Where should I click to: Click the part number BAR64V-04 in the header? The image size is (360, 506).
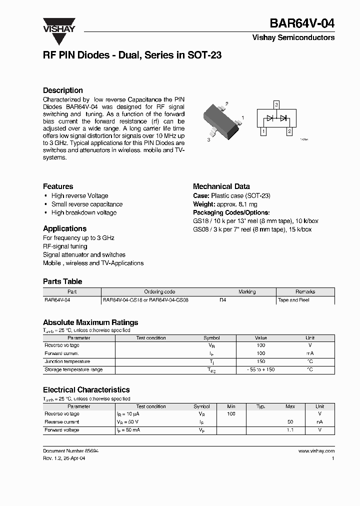pos(302,23)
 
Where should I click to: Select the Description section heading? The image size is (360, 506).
pos(63,90)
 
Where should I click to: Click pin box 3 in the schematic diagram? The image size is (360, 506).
pos(275,104)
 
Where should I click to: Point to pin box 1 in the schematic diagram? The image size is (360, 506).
pos(263,132)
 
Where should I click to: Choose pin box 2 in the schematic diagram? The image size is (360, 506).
pos(288,132)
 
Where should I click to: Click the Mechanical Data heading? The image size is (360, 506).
pos(221,186)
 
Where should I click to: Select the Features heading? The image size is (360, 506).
pos(58,186)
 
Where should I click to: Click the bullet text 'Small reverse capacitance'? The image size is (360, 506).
pos(86,204)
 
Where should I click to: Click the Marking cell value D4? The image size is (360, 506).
pos(223,300)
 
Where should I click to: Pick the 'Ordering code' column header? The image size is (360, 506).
pos(159,292)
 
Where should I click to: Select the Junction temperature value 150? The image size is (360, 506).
pos(260,361)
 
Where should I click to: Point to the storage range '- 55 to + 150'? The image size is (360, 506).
pos(260,369)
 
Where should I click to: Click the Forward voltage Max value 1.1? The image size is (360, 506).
pos(290,430)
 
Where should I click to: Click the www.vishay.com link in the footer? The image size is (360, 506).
pos(316,451)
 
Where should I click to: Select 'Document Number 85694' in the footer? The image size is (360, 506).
pos(70,451)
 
